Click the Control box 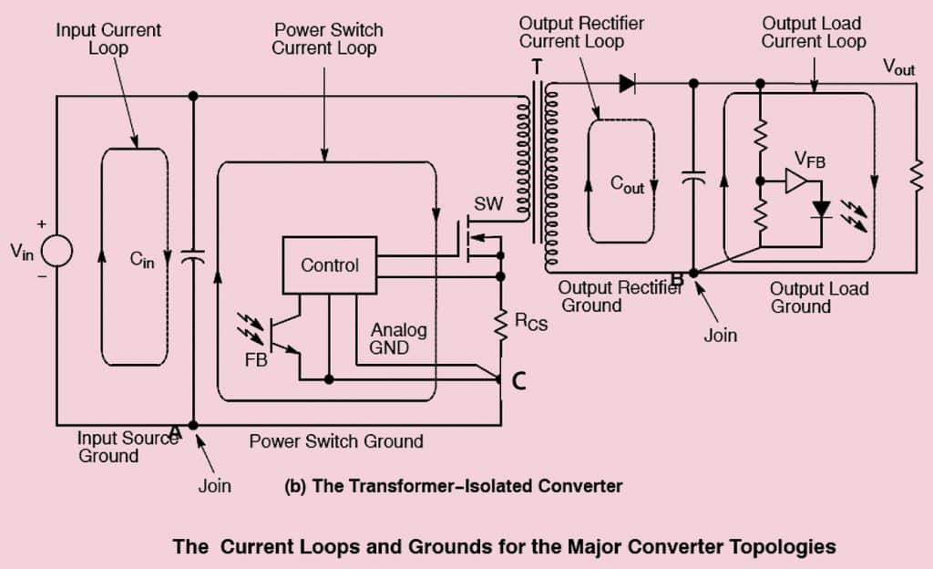330,265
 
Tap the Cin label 143,259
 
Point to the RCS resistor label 532,322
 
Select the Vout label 898,67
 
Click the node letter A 177,435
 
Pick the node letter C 518,382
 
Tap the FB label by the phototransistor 256,360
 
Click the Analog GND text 399,338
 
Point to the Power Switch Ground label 336,441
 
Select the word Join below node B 719,335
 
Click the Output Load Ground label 819,297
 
